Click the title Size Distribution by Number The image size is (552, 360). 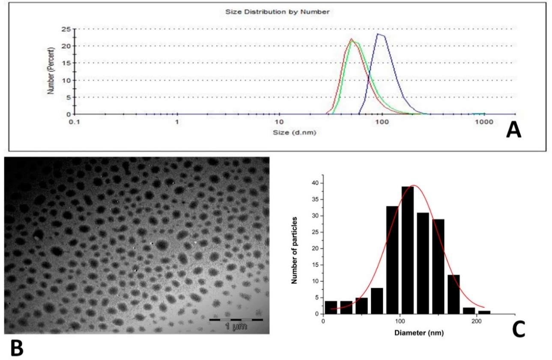pos(277,12)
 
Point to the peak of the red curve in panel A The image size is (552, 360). pos(351,39)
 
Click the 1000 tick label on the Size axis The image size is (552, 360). pos(484,122)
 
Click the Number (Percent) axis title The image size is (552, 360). pos(51,71)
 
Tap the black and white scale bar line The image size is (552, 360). pos(236,319)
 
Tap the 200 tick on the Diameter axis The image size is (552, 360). pos(476,321)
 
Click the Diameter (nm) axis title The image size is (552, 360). pos(418,332)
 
